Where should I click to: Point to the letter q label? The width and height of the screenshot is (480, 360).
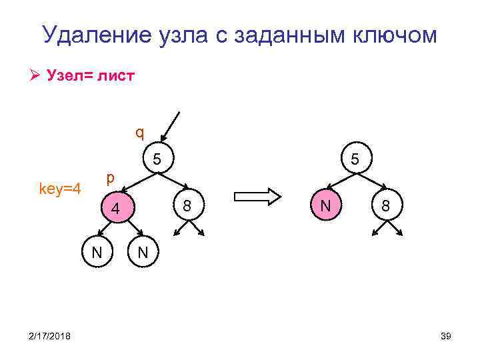pyautogui.click(x=139, y=131)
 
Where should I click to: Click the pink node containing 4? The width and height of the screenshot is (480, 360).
pyautogui.click(x=115, y=208)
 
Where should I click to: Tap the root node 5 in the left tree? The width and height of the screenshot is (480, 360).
pyautogui.click(x=157, y=159)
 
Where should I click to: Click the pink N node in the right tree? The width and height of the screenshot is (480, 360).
pyautogui.click(x=325, y=205)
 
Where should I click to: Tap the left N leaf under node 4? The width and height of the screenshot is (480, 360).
pyautogui.click(x=97, y=252)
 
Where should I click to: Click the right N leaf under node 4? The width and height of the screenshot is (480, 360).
pyautogui.click(x=142, y=252)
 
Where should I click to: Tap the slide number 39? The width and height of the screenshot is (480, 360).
pyautogui.click(x=446, y=337)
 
